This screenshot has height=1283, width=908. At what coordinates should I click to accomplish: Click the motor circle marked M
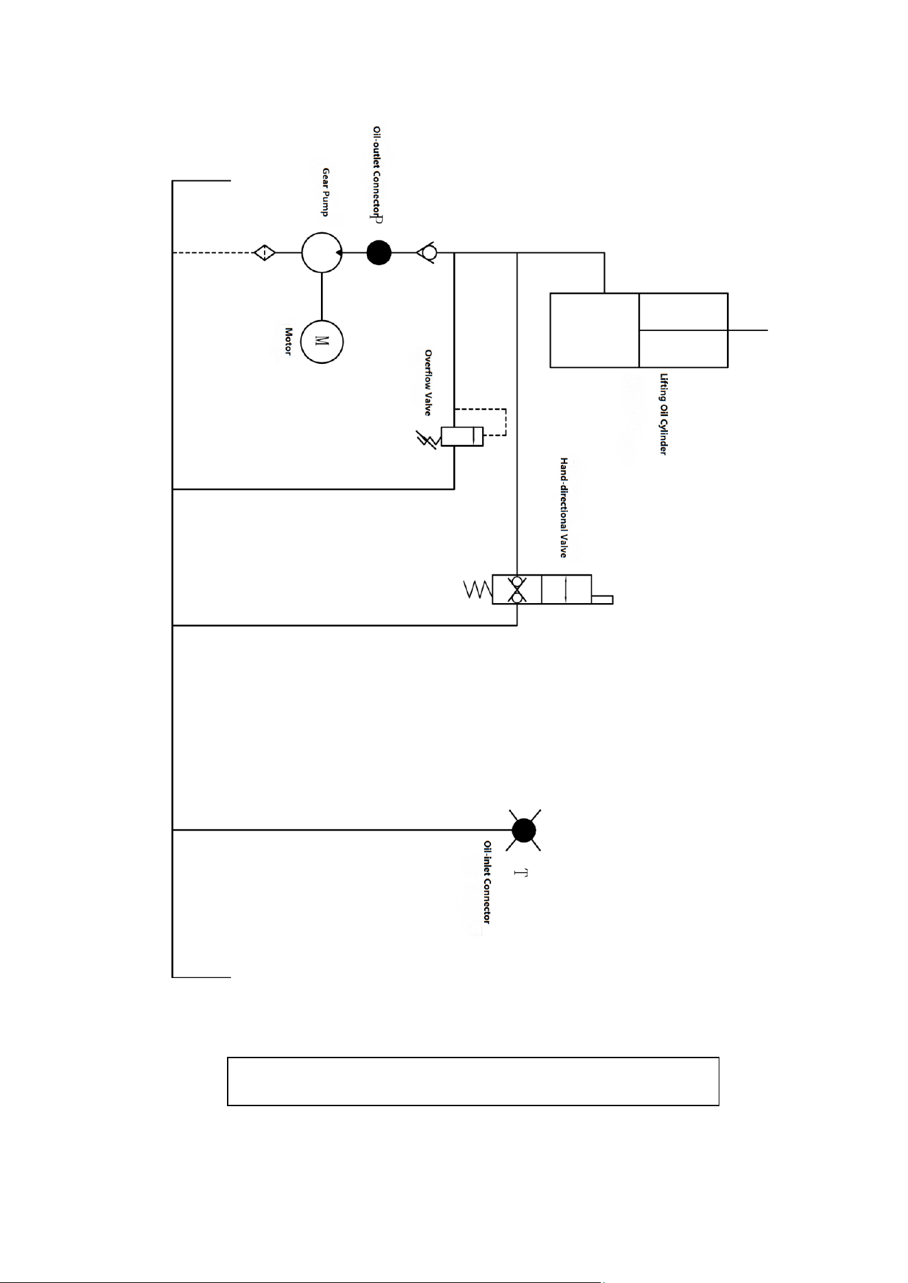pyautogui.click(x=322, y=341)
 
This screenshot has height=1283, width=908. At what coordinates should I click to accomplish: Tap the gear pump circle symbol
pyautogui.click(x=322, y=252)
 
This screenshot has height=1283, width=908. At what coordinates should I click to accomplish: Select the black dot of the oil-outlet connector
pyautogui.click(x=379, y=253)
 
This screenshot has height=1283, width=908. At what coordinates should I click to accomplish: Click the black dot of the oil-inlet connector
pyautogui.click(x=524, y=830)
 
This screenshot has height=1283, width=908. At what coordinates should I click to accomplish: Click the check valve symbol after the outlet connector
pyautogui.click(x=428, y=253)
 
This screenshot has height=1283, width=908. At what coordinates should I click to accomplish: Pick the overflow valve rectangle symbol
pyautogui.click(x=462, y=436)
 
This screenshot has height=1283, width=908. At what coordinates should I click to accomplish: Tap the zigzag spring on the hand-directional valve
pyautogui.click(x=478, y=589)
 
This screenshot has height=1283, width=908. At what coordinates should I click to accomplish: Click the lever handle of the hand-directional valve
pyautogui.click(x=602, y=600)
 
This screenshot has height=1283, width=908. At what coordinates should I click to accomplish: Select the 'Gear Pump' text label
pyautogui.click(x=326, y=192)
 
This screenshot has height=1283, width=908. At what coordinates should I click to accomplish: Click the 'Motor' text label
pyautogui.click(x=289, y=341)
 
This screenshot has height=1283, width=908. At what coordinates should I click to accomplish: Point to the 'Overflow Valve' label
pyautogui.click(x=428, y=382)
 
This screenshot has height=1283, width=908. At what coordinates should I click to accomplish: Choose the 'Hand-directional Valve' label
pyautogui.click(x=564, y=508)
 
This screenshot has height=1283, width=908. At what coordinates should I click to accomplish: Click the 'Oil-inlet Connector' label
pyautogui.click(x=487, y=882)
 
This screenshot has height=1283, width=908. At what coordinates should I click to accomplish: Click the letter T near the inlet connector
pyautogui.click(x=521, y=873)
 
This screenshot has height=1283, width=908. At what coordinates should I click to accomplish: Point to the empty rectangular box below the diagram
pyautogui.click(x=473, y=1081)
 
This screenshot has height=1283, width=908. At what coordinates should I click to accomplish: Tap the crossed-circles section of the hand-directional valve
pyautogui.click(x=517, y=589)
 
